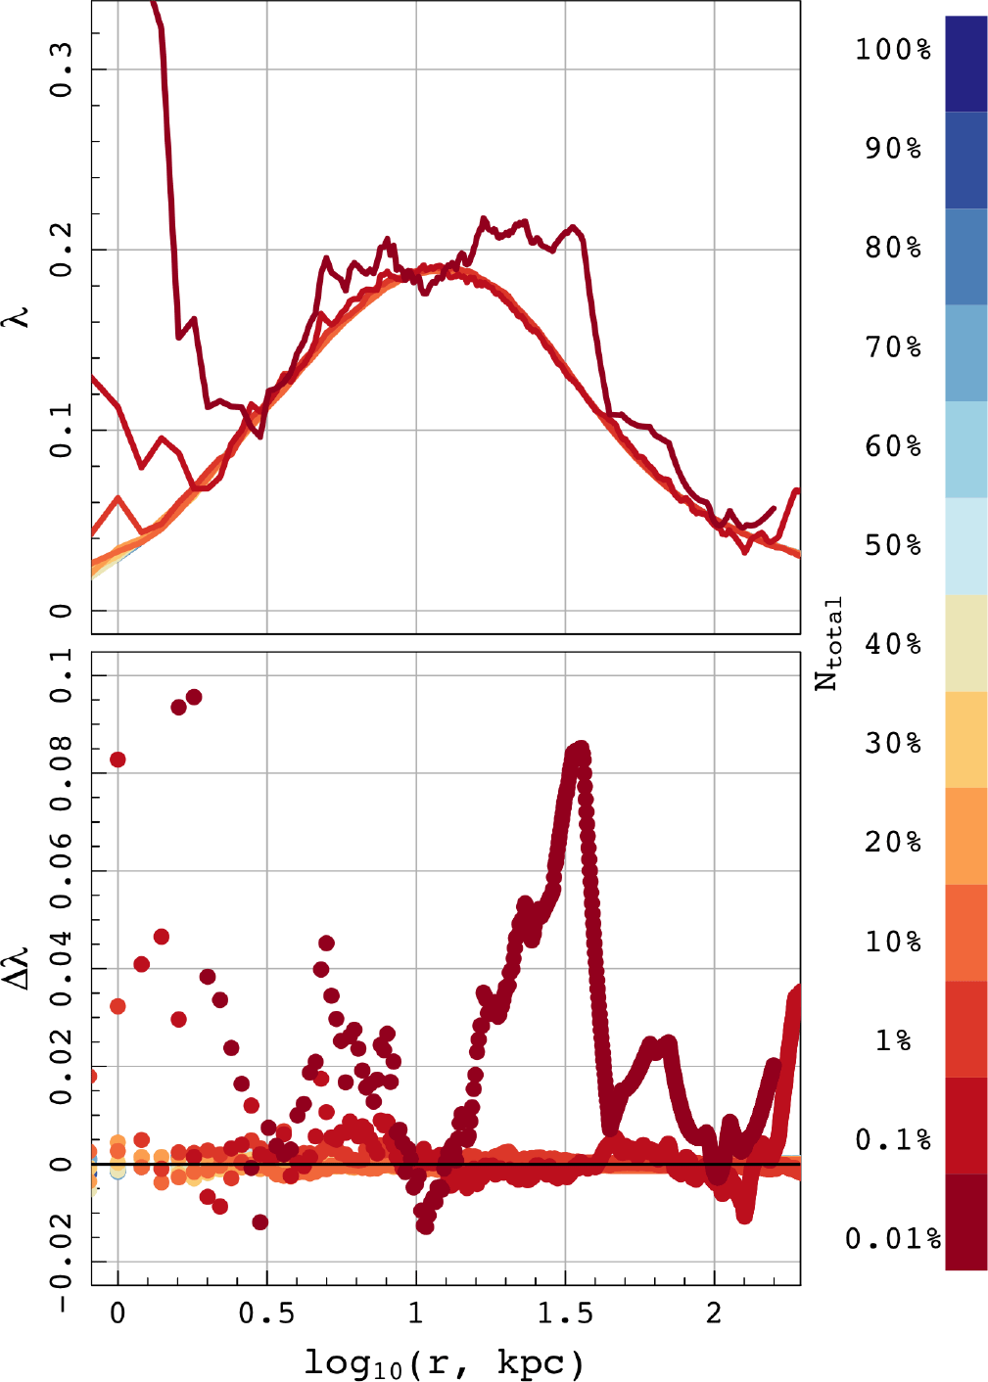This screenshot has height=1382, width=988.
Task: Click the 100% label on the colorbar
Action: (893, 49)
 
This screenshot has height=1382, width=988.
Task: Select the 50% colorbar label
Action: (893, 545)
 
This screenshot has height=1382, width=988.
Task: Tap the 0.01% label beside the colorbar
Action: (893, 1237)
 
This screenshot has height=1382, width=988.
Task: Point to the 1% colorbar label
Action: (893, 1040)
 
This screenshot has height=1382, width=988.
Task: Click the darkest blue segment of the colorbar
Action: (965, 64)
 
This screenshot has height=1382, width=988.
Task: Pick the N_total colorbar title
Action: (828, 643)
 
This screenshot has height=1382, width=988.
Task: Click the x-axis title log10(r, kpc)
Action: (445, 1362)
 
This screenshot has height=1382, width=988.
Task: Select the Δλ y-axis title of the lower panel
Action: (20, 969)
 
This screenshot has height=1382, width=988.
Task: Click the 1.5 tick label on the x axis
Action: (565, 1314)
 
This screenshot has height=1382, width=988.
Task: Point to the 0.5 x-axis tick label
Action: (266, 1314)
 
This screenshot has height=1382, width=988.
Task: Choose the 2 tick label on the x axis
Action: (714, 1314)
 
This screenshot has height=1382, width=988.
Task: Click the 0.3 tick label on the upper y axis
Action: (61, 69)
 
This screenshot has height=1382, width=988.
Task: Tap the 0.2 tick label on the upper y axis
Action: (61, 250)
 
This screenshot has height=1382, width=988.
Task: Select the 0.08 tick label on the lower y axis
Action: (61, 773)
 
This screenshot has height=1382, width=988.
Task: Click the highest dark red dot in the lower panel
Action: (194, 697)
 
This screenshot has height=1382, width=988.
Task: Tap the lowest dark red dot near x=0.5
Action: (259, 1222)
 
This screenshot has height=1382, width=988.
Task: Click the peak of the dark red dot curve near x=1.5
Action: (580, 751)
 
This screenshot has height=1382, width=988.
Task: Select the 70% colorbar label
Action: (893, 347)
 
